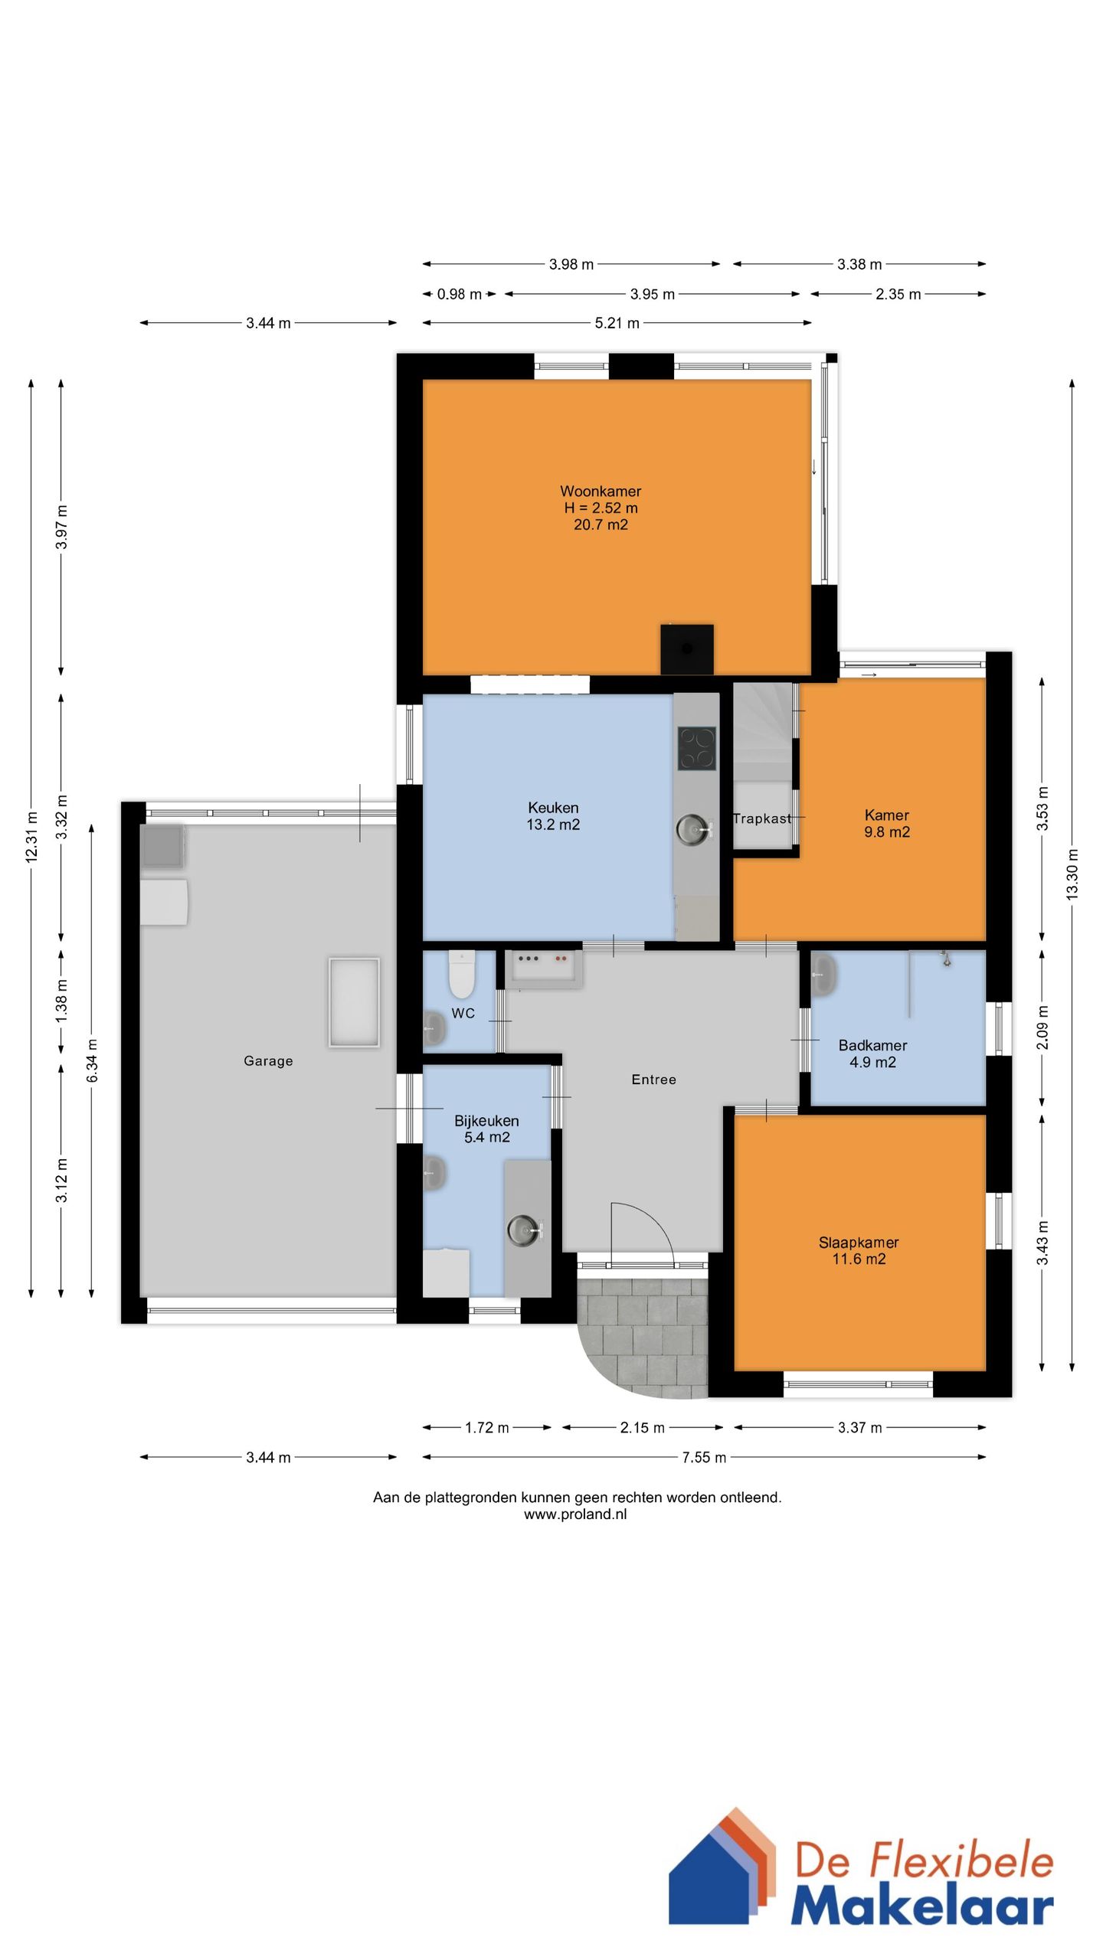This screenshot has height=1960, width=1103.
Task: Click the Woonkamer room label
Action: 601,508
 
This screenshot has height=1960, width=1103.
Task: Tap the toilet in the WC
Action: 462,974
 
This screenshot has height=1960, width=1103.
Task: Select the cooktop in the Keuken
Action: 697,748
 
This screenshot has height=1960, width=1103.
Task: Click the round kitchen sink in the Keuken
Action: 693,829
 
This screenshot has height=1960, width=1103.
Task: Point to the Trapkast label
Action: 762,818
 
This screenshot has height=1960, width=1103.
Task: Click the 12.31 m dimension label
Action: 31,838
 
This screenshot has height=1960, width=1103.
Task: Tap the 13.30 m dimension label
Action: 1072,874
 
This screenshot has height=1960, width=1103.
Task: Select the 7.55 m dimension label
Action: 704,1457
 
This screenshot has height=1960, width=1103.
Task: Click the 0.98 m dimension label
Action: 460,294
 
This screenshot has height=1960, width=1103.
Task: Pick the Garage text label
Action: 268,1061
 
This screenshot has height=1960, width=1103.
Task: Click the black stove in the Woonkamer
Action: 687,649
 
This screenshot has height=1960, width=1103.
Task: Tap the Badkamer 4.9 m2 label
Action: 872,1053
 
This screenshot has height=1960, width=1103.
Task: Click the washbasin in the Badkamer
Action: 823,975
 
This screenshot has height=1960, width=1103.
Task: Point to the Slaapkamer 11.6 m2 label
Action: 859,1250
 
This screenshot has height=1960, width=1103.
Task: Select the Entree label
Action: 654,1080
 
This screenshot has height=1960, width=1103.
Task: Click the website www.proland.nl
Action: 575,1514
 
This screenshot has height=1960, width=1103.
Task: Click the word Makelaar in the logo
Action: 922,1904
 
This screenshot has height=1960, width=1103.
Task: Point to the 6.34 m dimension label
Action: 92,1060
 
